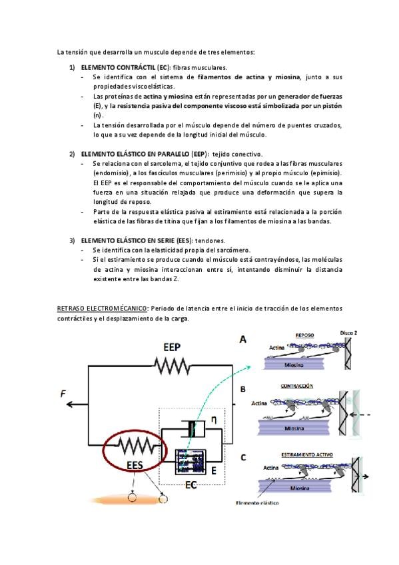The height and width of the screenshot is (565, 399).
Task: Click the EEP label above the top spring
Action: (x=172, y=347)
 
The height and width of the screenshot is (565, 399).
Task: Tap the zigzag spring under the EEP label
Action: (x=173, y=366)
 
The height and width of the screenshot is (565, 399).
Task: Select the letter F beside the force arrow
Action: (x=63, y=394)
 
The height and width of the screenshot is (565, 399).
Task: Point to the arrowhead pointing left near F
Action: (x=70, y=404)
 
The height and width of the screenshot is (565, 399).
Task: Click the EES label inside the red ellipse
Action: (x=135, y=465)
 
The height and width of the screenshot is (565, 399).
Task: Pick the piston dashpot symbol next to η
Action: (x=193, y=429)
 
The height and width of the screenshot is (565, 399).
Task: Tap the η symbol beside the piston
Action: (x=214, y=420)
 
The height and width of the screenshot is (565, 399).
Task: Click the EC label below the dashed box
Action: (x=191, y=485)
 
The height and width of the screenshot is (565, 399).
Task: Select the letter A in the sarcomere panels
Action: (x=243, y=339)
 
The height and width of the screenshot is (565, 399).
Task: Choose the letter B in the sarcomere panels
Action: (x=243, y=390)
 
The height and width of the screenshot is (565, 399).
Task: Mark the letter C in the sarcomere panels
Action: (x=243, y=458)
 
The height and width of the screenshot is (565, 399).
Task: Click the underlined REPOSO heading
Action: (x=304, y=335)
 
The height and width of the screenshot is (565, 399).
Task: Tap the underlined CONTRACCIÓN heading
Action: (x=297, y=386)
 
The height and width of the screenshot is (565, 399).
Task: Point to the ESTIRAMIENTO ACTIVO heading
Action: (x=307, y=455)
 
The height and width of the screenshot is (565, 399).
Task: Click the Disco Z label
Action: (x=348, y=333)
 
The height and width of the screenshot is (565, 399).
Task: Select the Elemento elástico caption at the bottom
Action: (x=257, y=502)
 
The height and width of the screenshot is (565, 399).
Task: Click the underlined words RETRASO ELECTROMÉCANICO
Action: (x=102, y=308)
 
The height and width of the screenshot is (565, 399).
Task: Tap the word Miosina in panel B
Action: (x=294, y=428)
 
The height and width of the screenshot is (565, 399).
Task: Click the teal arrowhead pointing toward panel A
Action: (x=248, y=366)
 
